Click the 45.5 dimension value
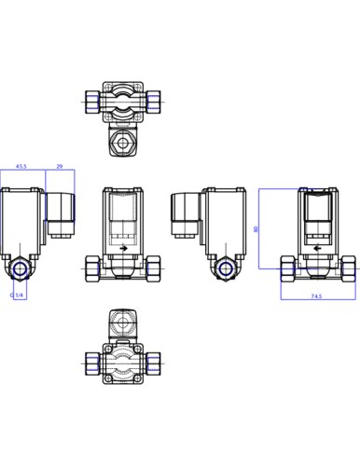point(21,166)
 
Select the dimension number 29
point(60,166)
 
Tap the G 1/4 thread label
point(17,295)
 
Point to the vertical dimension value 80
point(256,229)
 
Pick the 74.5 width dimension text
point(316,296)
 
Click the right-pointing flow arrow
point(123,248)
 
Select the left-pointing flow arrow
point(317,248)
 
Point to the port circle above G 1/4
point(20,268)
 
